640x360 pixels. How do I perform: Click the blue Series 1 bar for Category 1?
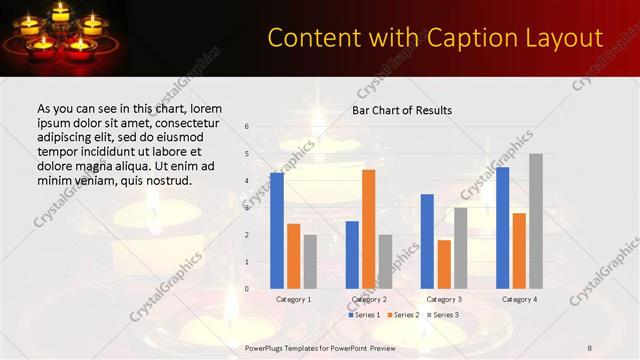click(x=277, y=230)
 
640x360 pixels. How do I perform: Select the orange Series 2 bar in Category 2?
click(x=369, y=229)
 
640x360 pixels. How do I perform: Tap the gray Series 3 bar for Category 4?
click(x=536, y=221)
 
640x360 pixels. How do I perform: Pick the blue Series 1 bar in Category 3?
click(x=427, y=241)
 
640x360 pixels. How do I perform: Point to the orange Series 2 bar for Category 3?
click(x=444, y=264)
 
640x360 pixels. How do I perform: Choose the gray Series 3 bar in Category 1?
click(x=310, y=261)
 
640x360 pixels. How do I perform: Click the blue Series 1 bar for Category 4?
click(x=502, y=227)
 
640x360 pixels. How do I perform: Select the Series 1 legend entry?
click(x=364, y=315)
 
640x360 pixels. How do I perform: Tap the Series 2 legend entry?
click(x=403, y=315)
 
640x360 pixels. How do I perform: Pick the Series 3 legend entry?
click(x=442, y=315)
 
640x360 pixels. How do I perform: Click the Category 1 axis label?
click(x=293, y=299)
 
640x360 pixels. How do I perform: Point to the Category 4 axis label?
click(x=519, y=299)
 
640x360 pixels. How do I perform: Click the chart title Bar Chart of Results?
click(x=402, y=110)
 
